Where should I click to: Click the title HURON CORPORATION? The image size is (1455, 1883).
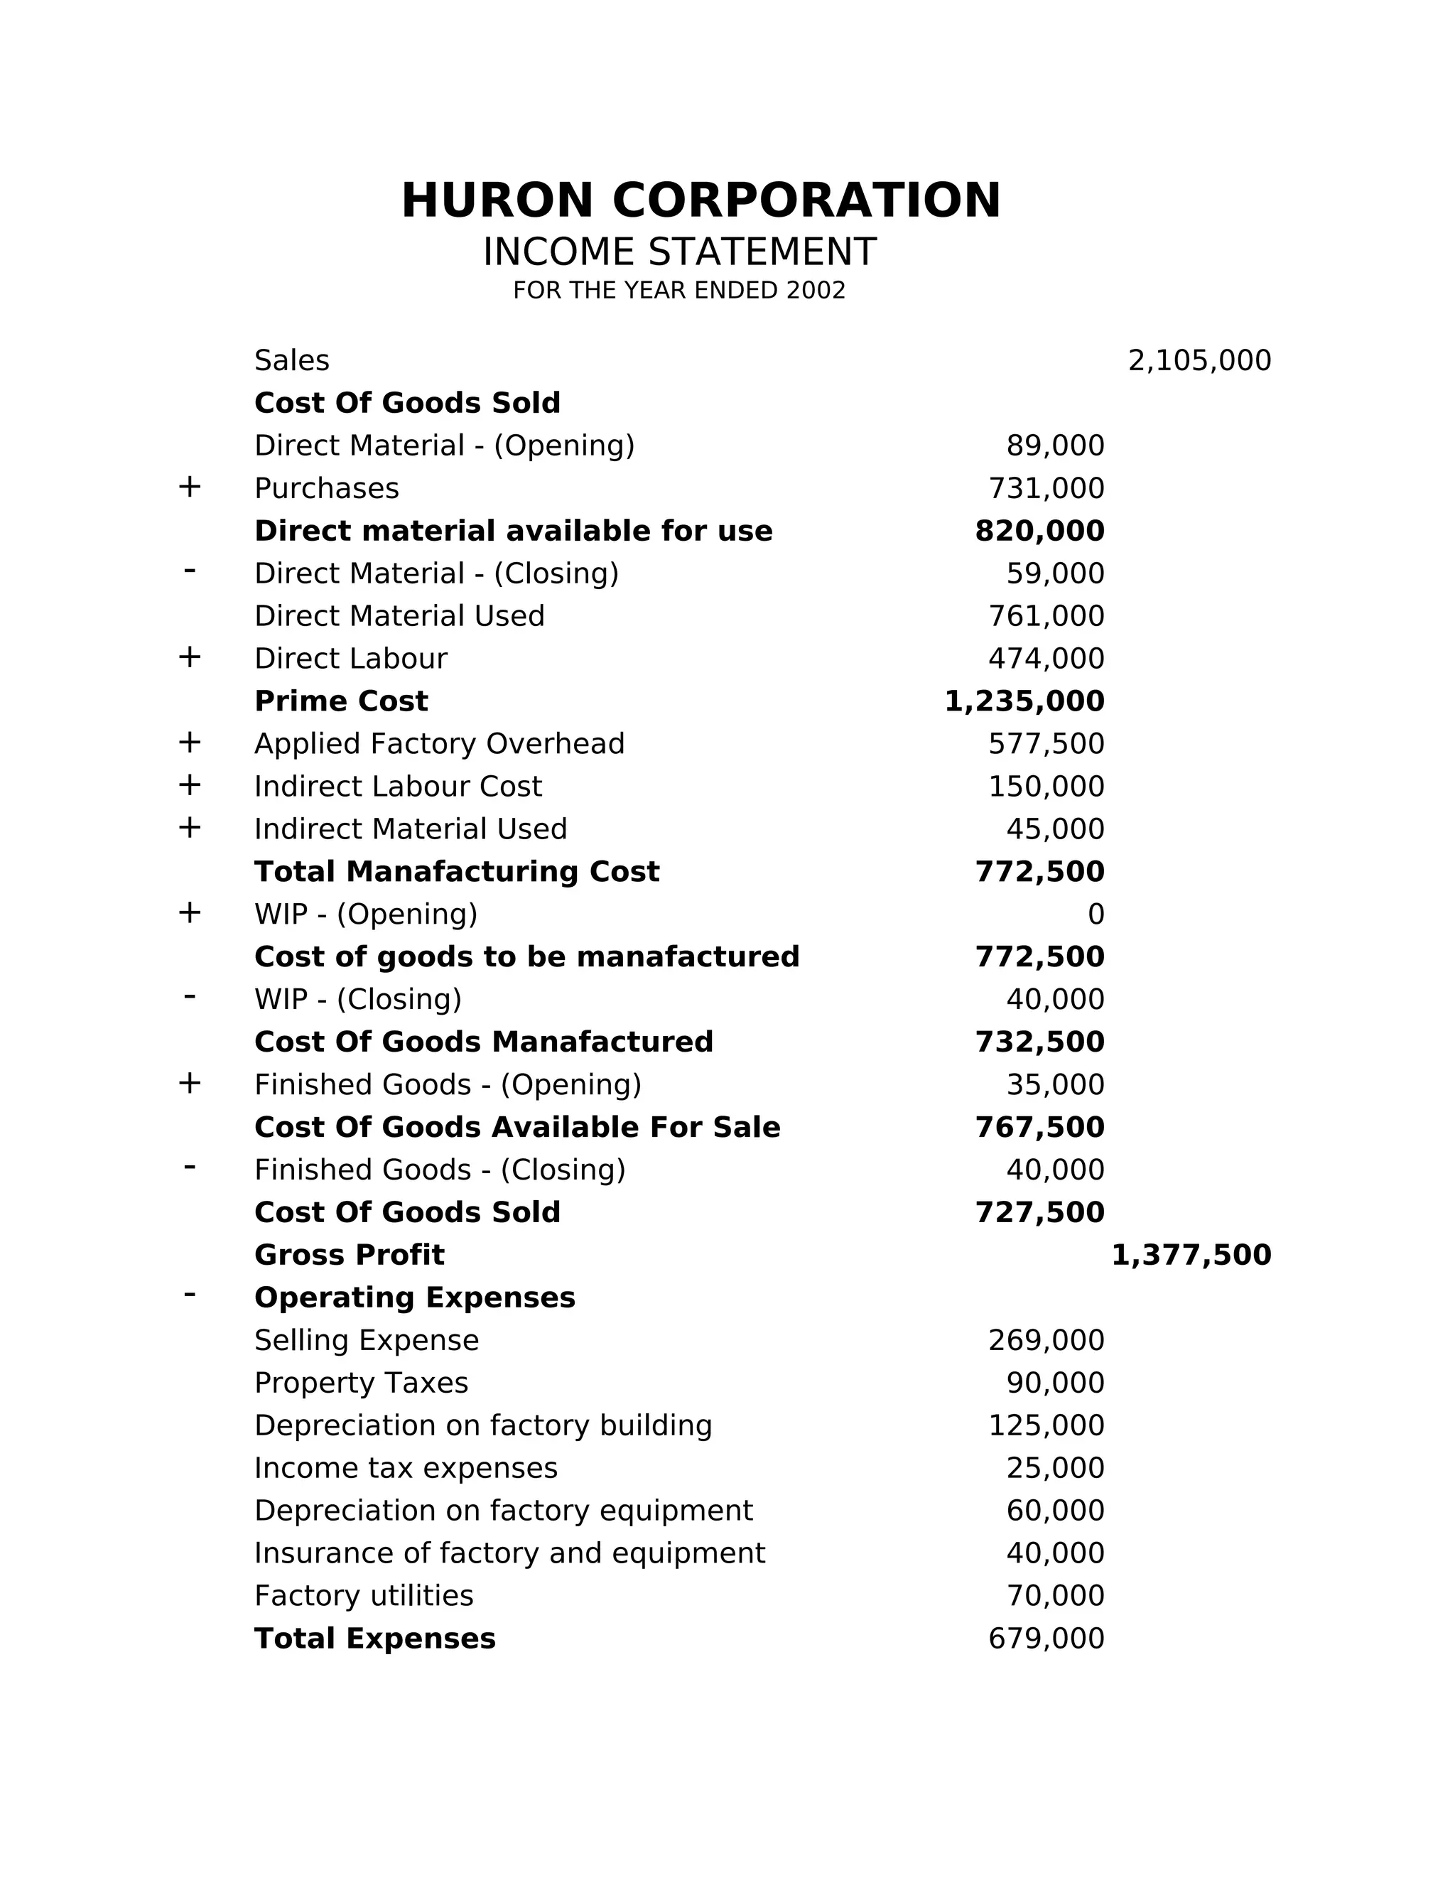click(x=701, y=201)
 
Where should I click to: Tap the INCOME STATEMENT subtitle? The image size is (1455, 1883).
click(x=679, y=253)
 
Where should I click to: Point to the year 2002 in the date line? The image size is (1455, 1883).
click(x=816, y=291)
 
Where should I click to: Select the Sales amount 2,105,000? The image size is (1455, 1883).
click(x=1199, y=360)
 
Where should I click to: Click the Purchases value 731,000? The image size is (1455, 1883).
click(x=1046, y=489)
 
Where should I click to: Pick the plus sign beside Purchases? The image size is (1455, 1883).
click(x=190, y=487)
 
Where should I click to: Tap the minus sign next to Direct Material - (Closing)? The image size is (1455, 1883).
click(x=190, y=571)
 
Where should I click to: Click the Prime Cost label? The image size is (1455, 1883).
click(x=340, y=701)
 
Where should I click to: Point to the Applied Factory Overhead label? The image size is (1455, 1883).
click(x=439, y=744)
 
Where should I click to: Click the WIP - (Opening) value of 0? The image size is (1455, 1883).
click(x=1096, y=914)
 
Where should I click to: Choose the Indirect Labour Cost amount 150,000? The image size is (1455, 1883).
click(x=1046, y=787)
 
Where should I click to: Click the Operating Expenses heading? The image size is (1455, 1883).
click(x=415, y=1297)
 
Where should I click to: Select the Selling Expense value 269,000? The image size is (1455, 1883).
click(x=1046, y=1341)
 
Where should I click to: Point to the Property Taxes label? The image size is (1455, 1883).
click(x=361, y=1383)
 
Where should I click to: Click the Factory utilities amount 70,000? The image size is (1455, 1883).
click(x=1055, y=1596)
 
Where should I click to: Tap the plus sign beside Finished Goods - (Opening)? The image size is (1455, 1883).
click(x=190, y=1084)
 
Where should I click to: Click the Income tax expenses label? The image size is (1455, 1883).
click(x=406, y=1468)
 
